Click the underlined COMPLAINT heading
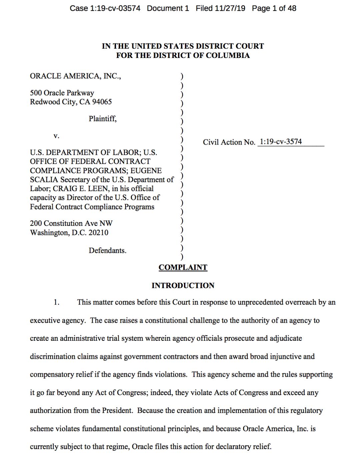183,267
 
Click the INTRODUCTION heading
183,285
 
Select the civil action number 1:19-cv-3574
281,142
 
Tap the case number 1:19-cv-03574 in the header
115,8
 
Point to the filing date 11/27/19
230,8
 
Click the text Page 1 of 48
274,8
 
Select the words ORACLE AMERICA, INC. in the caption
75,76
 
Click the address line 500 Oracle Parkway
62,93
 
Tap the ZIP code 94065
102,102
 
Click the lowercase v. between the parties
56,136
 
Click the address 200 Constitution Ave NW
71,223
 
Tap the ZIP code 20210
98,232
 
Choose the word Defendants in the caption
107,250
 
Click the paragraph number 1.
57,302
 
